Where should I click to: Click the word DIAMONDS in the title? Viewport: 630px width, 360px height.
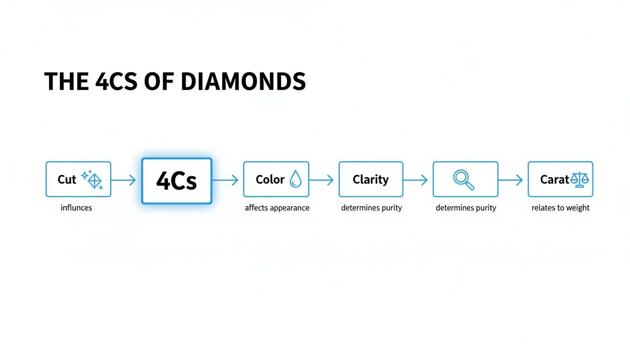[x=243, y=82]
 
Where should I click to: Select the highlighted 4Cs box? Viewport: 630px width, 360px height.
[x=177, y=181]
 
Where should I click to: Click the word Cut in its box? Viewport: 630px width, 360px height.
[x=67, y=180]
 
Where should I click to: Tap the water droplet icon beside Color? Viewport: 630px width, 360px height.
[x=296, y=179]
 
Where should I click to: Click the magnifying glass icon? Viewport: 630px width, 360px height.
[x=464, y=180]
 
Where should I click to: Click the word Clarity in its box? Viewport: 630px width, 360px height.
[x=370, y=180]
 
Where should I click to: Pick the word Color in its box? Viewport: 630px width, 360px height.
[x=270, y=180]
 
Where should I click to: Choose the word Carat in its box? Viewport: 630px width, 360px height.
[x=555, y=180]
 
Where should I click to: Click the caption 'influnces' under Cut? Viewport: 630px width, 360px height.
[x=76, y=208]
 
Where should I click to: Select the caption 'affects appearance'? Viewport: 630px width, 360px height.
[x=277, y=208]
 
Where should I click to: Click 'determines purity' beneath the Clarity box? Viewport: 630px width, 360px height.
[x=371, y=208]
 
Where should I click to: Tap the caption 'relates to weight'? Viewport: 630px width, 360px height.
[x=561, y=208]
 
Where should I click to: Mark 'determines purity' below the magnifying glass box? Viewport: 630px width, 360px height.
[x=466, y=208]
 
